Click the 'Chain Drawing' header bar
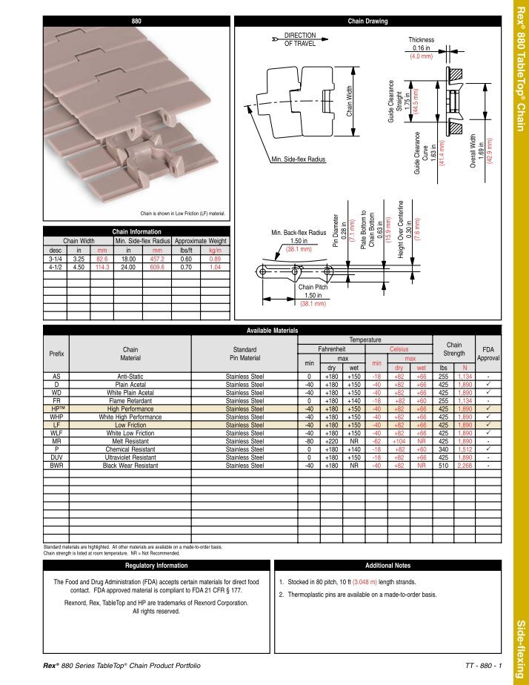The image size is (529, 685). (367, 21)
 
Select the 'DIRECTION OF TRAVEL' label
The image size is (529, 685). (300, 39)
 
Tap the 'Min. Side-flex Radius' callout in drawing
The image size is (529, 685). (298, 159)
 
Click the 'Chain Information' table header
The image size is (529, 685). (136, 232)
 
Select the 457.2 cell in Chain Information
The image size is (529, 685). (157, 259)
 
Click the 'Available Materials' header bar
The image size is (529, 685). (272, 330)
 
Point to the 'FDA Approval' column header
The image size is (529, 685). (487, 353)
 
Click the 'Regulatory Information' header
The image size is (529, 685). (156, 566)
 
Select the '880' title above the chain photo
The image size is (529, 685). (136, 21)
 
